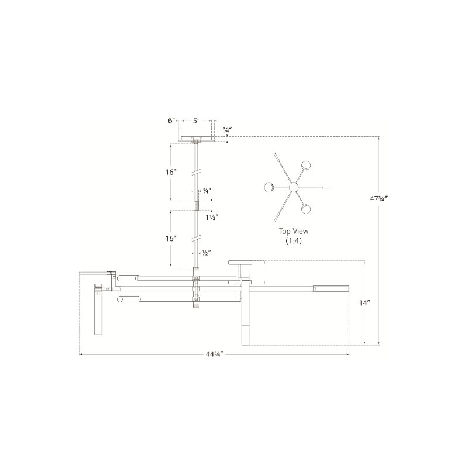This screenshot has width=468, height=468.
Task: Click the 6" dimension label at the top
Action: tap(171, 121)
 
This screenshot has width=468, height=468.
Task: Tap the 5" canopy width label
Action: tap(196, 121)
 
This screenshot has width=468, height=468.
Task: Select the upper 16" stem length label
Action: tap(171, 172)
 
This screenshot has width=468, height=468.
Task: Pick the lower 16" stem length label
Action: tap(171, 239)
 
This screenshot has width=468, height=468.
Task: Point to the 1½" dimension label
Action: tap(212, 217)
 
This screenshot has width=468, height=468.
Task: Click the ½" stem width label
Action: tap(207, 253)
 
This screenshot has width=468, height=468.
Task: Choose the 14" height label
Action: tap(364, 303)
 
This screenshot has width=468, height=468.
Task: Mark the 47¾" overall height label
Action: tap(378, 198)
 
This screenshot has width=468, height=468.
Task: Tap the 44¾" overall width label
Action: tap(214, 355)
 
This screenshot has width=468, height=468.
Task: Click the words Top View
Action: tap(294, 231)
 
